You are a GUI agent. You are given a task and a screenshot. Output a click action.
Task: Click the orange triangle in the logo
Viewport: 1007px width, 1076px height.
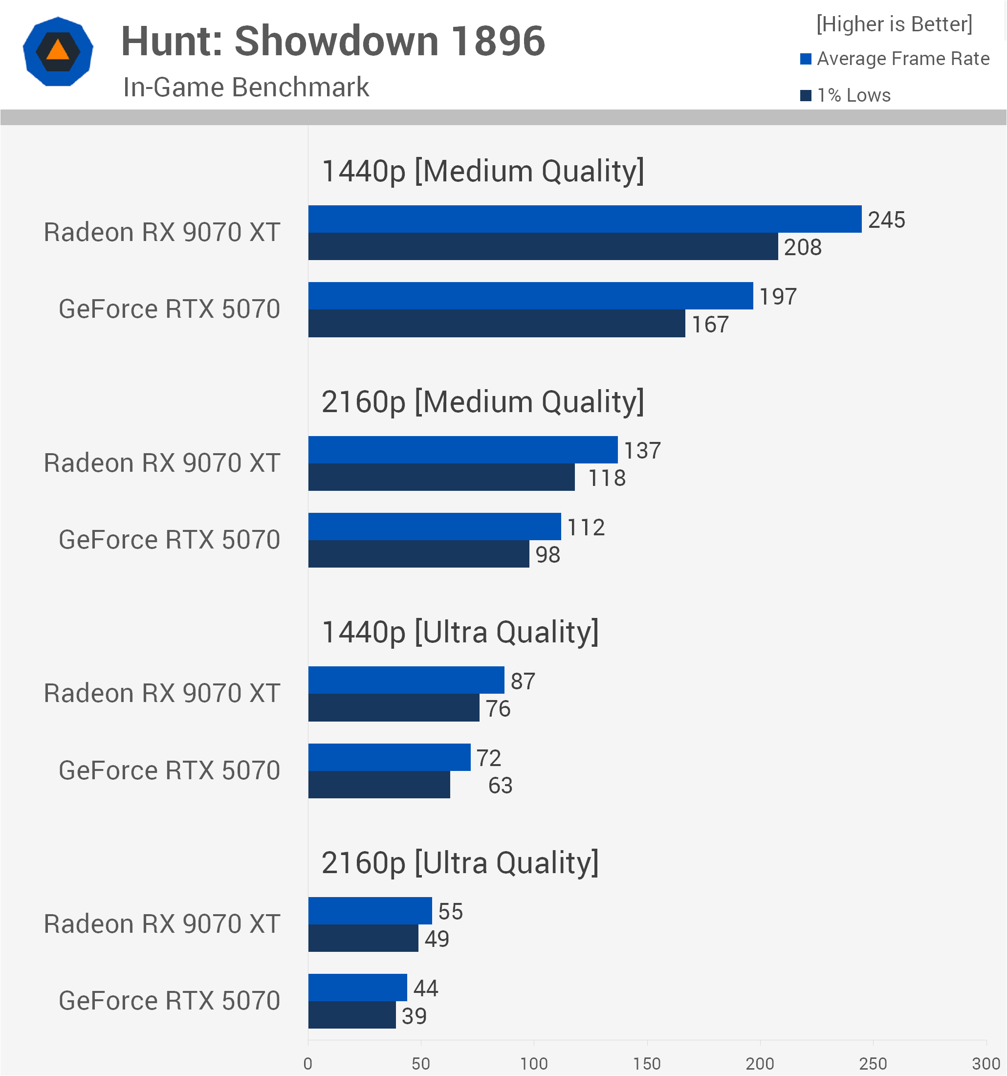(x=58, y=50)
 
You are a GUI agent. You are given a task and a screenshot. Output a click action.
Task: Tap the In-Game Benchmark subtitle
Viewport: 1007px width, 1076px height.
(x=246, y=87)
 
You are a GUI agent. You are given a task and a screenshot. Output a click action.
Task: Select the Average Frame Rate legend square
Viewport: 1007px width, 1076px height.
(x=805, y=59)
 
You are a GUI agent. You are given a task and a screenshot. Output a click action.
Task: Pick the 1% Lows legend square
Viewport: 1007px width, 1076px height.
(x=805, y=95)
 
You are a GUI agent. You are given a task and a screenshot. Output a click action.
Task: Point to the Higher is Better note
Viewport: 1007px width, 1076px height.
(x=894, y=24)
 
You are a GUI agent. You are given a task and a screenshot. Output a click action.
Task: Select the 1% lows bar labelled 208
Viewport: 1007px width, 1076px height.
(x=543, y=246)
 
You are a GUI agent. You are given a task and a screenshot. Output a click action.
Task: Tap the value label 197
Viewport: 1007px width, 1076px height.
(x=778, y=297)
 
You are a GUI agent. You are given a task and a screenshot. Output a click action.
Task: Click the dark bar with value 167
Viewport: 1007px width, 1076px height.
(x=496, y=323)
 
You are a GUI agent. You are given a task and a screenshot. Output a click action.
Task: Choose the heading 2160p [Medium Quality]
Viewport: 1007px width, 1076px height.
(x=482, y=402)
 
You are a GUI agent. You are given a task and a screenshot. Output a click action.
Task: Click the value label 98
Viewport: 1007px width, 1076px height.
(x=547, y=555)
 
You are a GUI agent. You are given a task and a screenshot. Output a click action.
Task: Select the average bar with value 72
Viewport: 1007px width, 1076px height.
(x=389, y=757)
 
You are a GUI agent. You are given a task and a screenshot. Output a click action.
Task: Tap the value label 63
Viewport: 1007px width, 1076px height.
(x=500, y=785)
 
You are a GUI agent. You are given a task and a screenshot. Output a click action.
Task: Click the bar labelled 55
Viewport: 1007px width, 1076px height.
(x=370, y=911)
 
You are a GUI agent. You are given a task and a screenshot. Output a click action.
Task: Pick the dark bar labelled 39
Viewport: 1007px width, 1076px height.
(x=352, y=1015)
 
